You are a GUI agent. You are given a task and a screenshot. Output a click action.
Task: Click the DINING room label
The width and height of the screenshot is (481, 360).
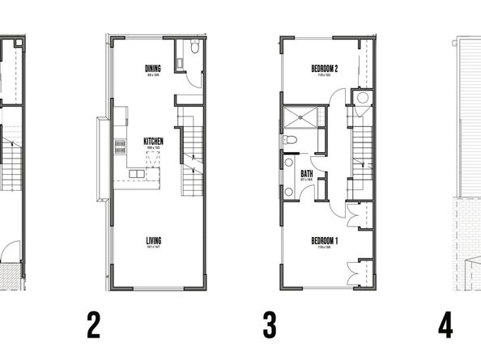[x=151, y=68]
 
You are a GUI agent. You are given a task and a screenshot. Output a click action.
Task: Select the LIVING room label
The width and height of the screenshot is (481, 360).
[x=153, y=240]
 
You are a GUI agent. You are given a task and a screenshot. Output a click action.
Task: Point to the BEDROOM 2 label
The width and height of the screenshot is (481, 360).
[x=324, y=70]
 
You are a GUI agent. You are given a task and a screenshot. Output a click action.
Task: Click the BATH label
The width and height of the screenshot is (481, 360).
[x=308, y=173]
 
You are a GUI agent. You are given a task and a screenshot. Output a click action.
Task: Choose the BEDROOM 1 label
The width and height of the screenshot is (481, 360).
[x=324, y=240]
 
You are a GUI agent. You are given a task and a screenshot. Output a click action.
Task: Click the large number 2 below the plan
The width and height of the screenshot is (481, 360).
[x=94, y=326]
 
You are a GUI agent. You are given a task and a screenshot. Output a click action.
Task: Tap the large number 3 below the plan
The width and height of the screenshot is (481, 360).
[x=270, y=326]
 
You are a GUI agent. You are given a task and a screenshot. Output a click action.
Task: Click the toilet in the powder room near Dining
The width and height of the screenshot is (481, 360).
[x=194, y=49]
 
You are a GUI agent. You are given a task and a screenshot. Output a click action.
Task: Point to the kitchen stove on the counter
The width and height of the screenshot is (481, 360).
[x=120, y=146]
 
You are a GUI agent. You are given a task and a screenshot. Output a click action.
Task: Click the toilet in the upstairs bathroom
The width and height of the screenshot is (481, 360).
[x=291, y=140]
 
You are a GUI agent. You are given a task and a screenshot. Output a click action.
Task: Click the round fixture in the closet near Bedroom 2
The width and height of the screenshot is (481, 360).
[x=363, y=98]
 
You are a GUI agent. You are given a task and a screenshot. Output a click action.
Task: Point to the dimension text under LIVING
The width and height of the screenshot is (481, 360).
[x=153, y=248]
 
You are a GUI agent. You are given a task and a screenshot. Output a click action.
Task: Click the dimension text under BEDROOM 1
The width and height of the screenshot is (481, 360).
[x=324, y=248]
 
